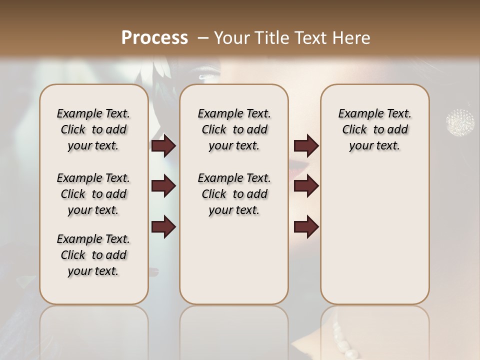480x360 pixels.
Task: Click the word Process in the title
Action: click(x=154, y=38)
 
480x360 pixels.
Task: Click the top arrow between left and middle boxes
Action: click(x=163, y=146)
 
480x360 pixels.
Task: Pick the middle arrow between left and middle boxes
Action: click(x=163, y=186)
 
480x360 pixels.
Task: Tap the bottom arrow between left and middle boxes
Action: click(x=163, y=226)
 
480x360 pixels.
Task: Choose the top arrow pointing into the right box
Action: click(x=306, y=146)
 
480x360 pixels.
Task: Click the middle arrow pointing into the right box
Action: click(x=306, y=186)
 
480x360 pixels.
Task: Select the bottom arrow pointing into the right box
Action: click(x=306, y=226)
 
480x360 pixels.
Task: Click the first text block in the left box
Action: click(x=93, y=129)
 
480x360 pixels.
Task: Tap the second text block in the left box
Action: click(x=93, y=194)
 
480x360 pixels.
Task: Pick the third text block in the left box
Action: click(x=93, y=255)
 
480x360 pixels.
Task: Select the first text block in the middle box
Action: click(x=234, y=129)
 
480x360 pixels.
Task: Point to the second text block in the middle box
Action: click(x=234, y=194)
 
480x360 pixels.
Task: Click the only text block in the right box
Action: click(x=374, y=129)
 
